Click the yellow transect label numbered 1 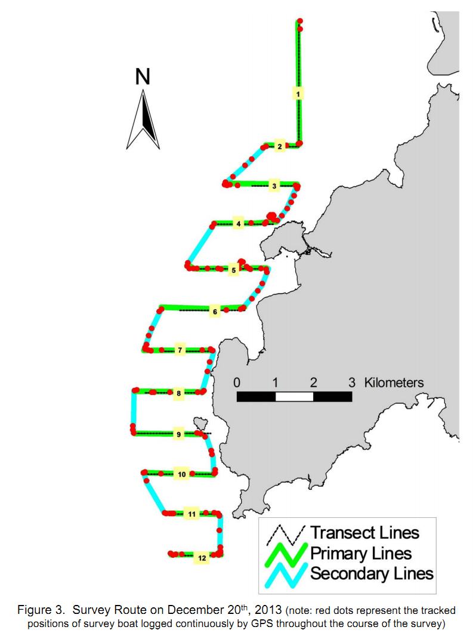(x=298, y=94)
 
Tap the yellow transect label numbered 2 (x=280, y=146)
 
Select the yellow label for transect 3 (x=274, y=186)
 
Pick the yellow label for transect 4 (x=239, y=224)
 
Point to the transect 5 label (x=233, y=270)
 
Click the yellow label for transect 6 (x=215, y=311)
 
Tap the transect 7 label (x=180, y=350)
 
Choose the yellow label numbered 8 (x=178, y=393)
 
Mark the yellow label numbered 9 (x=179, y=434)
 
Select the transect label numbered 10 (x=181, y=474)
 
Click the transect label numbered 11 (x=191, y=514)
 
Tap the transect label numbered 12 (x=202, y=558)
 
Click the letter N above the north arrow (x=143, y=77)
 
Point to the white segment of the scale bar (x=294, y=396)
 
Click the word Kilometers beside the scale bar (x=394, y=382)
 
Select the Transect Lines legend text (x=364, y=533)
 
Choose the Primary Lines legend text (x=361, y=553)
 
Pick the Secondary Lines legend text (x=372, y=573)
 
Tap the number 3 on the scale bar (x=352, y=382)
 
